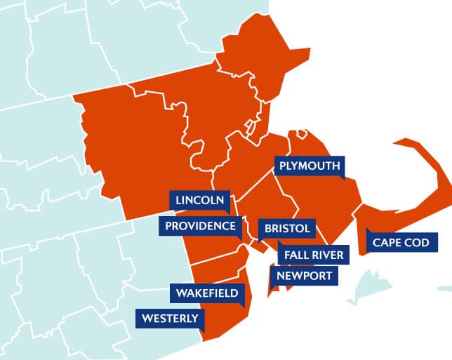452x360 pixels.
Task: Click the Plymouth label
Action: [x=310, y=166]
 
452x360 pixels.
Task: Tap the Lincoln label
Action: [x=200, y=200]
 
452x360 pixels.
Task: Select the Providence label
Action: [x=201, y=226]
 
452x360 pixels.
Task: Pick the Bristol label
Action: [x=287, y=229]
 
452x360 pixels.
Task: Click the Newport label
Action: [x=304, y=276]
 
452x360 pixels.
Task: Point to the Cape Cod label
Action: [x=401, y=243]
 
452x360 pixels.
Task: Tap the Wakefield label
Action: [x=207, y=293]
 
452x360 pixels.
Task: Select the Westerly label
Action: [x=171, y=319]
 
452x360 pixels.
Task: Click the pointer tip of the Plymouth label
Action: [x=342, y=180]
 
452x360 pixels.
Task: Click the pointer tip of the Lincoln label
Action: [x=227, y=213]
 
